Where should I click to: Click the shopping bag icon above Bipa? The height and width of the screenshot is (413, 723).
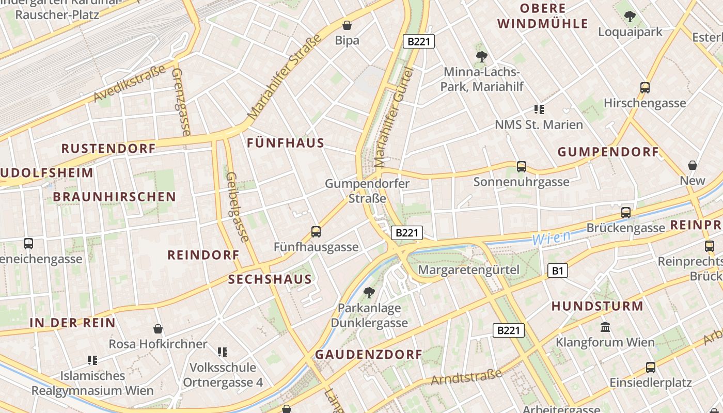pyautogui.click(x=347, y=25)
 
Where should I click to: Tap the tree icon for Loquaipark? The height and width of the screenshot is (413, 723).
pyautogui.click(x=630, y=17)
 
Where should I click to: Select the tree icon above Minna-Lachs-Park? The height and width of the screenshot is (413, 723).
pyautogui.click(x=481, y=56)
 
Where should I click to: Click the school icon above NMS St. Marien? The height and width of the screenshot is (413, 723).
pyautogui.click(x=539, y=109)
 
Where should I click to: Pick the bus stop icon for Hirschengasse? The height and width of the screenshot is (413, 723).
pyautogui.click(x=645, y=87)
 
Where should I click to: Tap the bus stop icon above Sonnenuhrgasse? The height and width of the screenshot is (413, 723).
pyautogui.click(x=521, y=166)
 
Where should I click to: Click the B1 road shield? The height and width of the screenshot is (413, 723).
pyautogui.click(x=557, y=270)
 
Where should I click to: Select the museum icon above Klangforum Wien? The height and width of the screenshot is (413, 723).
pyautogui.click(x=605, y=327)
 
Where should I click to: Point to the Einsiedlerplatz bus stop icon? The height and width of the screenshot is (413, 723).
pyautogui.click(x=650, y=367)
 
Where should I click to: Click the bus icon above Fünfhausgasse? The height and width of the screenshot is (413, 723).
pyautogui.click(x=316, y=232)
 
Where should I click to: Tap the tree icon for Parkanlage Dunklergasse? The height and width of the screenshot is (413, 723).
pyautogui.click(x=369, y=293)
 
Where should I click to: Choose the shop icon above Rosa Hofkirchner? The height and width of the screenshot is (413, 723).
pyautogui.click(x=158, y=329)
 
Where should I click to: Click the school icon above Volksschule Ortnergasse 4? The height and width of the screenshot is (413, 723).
pyautogui.click(x=223, y=352)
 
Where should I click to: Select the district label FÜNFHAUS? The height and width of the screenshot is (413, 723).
pyautogui.click(x=286, y=143)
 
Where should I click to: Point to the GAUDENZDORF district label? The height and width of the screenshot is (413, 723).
pyautogui.click(x=369, y=355)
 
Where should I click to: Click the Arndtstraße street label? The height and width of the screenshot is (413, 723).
pyautogui.click(x=466, y=377)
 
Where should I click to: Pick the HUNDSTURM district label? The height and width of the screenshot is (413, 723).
pyautogui.click(x=598, y=306)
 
